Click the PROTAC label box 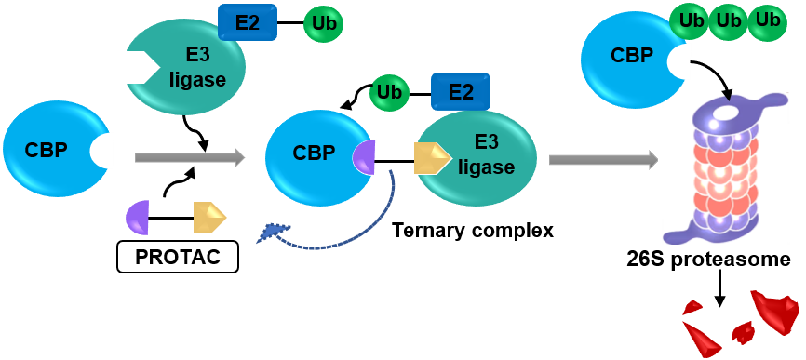pyautogui.click(x=178, y=256)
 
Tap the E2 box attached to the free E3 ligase pyautogui.click(x=248, y=22)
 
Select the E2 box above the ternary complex pyautogui.click(x=460, y=91)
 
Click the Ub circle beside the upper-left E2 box pyautogui.click(x=323, y=24)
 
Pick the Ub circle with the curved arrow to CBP pyautogui.click(x=390, y=92)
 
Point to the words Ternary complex pyautogui.click(x=473, y=231)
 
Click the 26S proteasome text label pyautogui.click(x=708, y=260)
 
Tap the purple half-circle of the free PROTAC pyautogui.click(x=137, y=218)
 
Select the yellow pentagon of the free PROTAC pyautogui.click(x=209, y=218)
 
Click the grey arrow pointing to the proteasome pyautogui.click(x=603, y=159)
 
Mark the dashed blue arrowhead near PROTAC pyautogui.click(x=272, y=234)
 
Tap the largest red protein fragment pyautogui.click(x=775, y=312)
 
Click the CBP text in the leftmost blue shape pyautogui.click(x=46, y=151)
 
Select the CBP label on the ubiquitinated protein pyautogui.click(x=632, y=55)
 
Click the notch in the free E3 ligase pyautogui.click(x=140, y=67)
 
